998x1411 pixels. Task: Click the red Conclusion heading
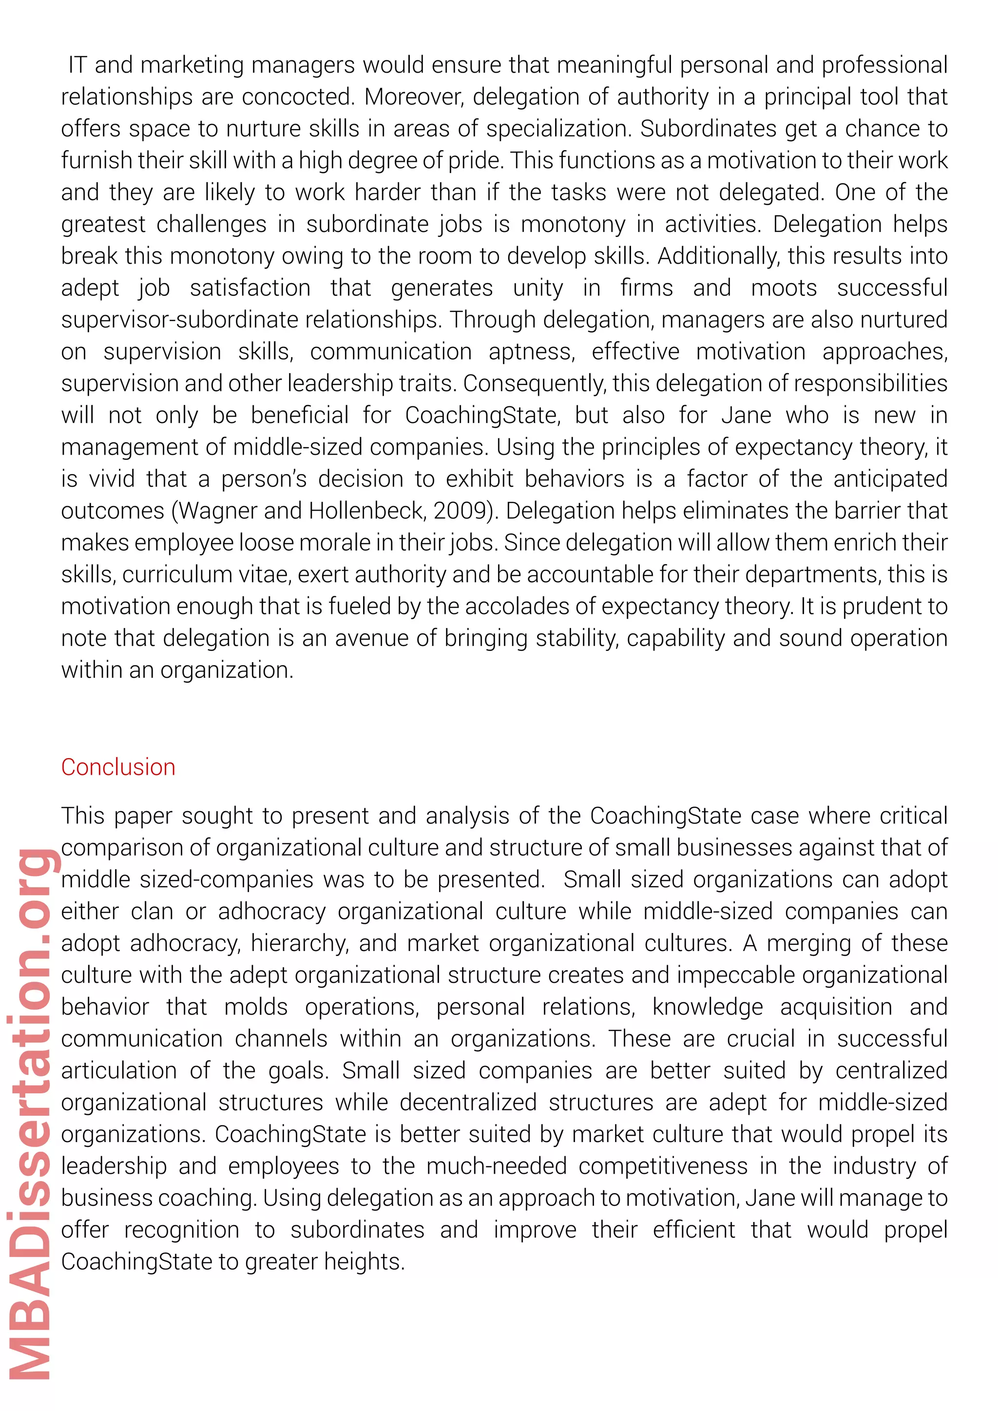coord(118,767)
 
